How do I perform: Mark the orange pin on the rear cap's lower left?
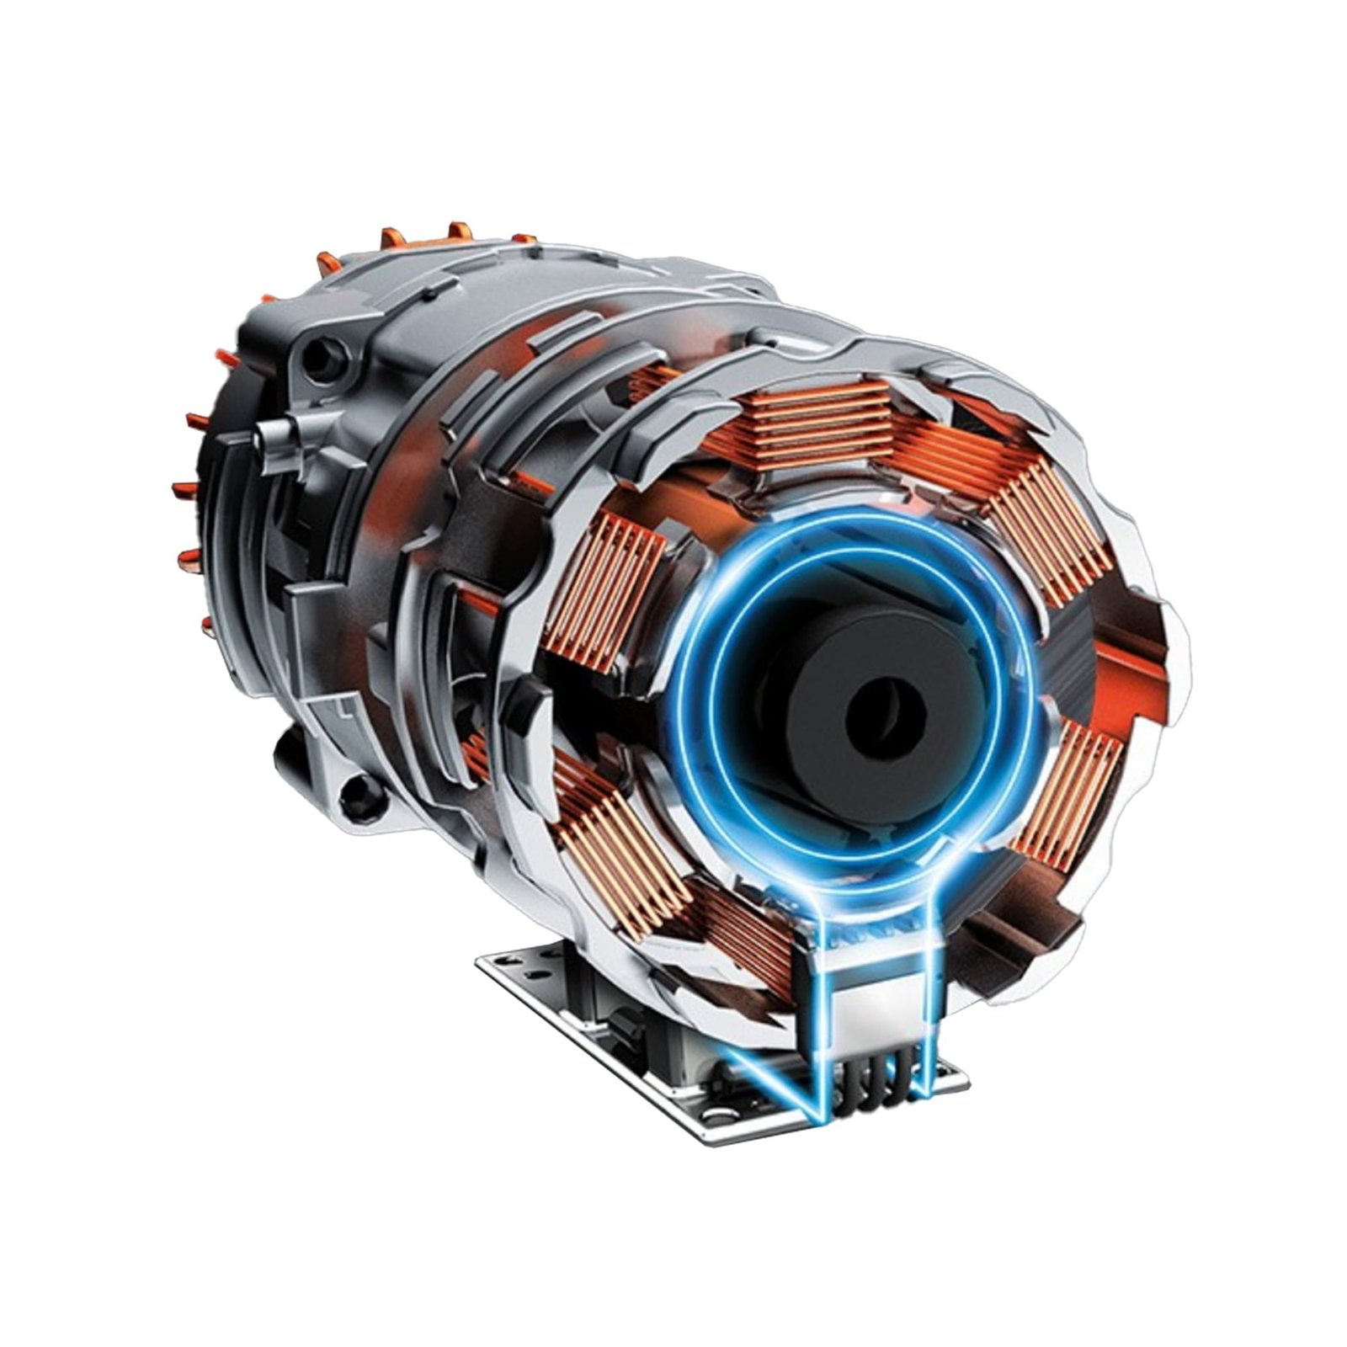coord(205,624)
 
